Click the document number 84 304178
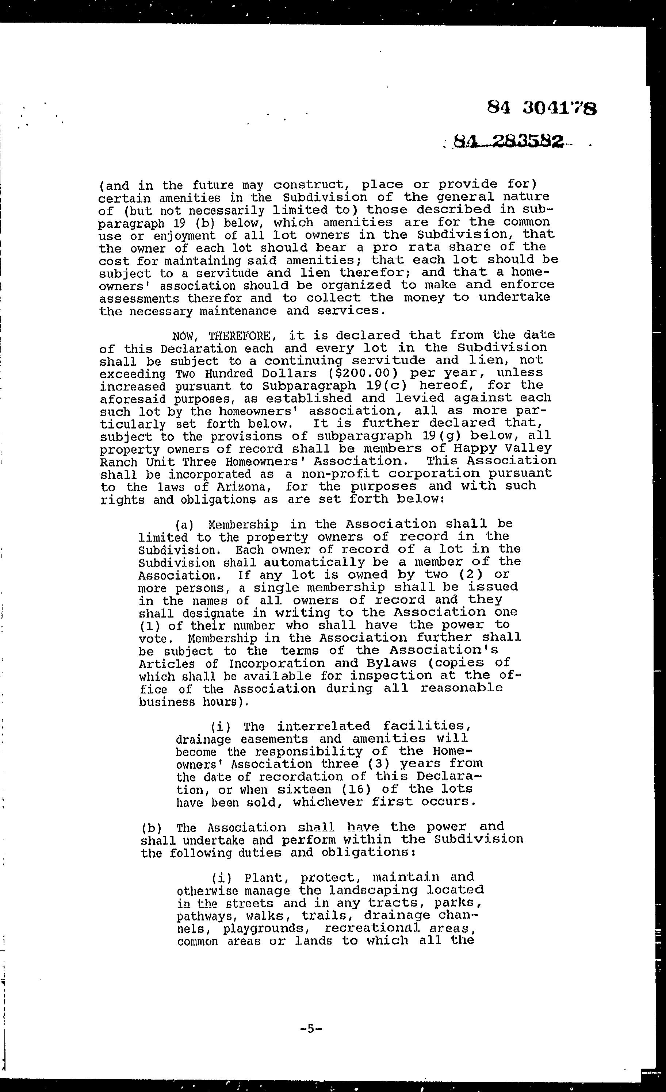541,108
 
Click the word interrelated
323,727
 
